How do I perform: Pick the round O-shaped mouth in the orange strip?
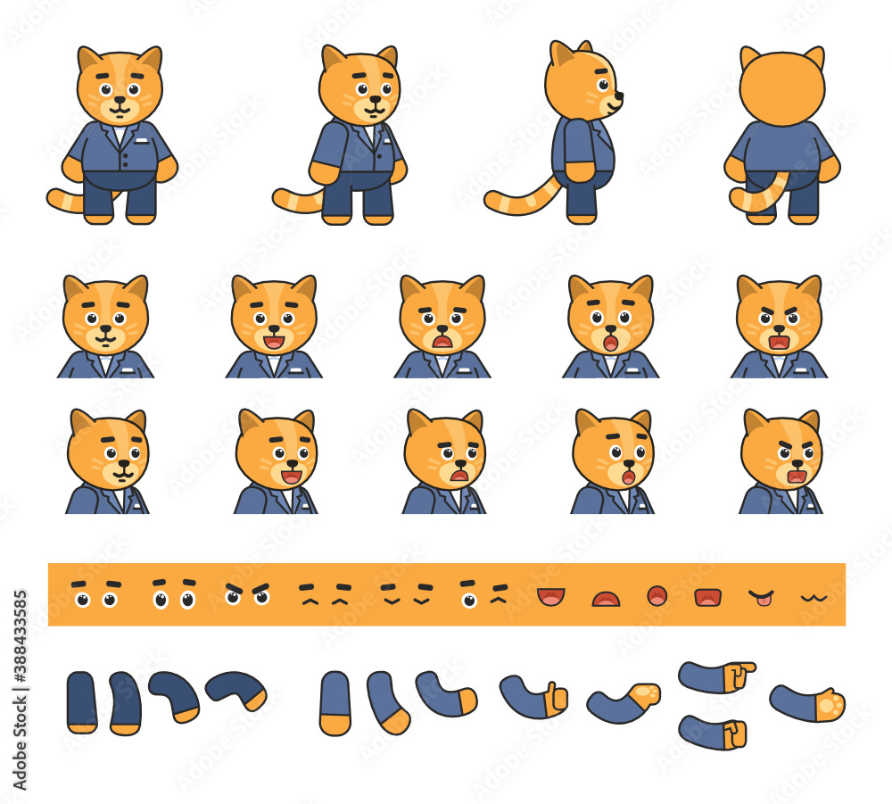(657, 595)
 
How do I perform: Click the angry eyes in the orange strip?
(247, 593)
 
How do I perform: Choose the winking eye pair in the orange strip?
(483, 593)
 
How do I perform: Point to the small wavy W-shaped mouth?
(813, 596)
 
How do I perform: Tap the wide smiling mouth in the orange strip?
(550, 596)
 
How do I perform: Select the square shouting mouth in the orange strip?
(707, 596)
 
